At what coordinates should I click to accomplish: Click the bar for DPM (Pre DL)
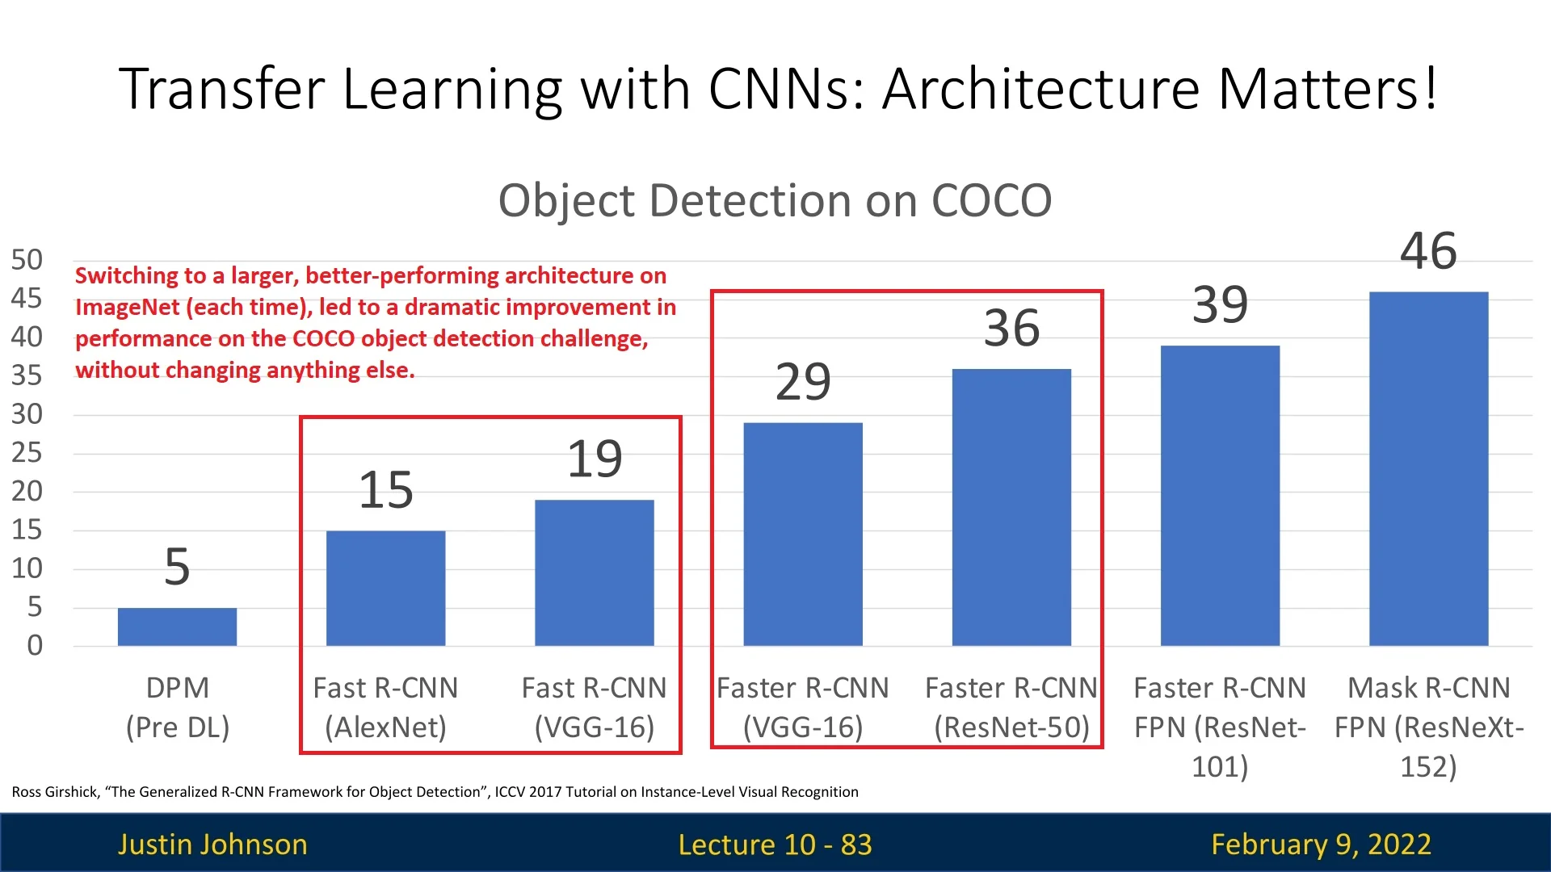[177, 627]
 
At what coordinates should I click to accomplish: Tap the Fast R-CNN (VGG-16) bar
[594, 572]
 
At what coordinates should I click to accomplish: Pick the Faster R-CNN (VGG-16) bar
[802, 534]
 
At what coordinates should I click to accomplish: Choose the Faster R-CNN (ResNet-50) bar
[1011, 507]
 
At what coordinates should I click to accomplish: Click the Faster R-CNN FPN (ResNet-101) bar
[1220, 495]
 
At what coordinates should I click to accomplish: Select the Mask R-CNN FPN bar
[1428, 468]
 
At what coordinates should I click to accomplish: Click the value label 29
[802, 381]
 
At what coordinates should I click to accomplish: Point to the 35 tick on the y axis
[27, 375]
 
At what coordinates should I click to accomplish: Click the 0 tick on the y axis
[34, 645]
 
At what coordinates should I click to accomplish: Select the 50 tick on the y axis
[27, 260]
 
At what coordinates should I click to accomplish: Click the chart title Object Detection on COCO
[775, 200]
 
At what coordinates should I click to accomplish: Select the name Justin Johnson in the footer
[212, 844]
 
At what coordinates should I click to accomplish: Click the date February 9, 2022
[1321, 844]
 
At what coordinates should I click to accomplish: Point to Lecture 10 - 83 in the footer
[775, 844]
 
